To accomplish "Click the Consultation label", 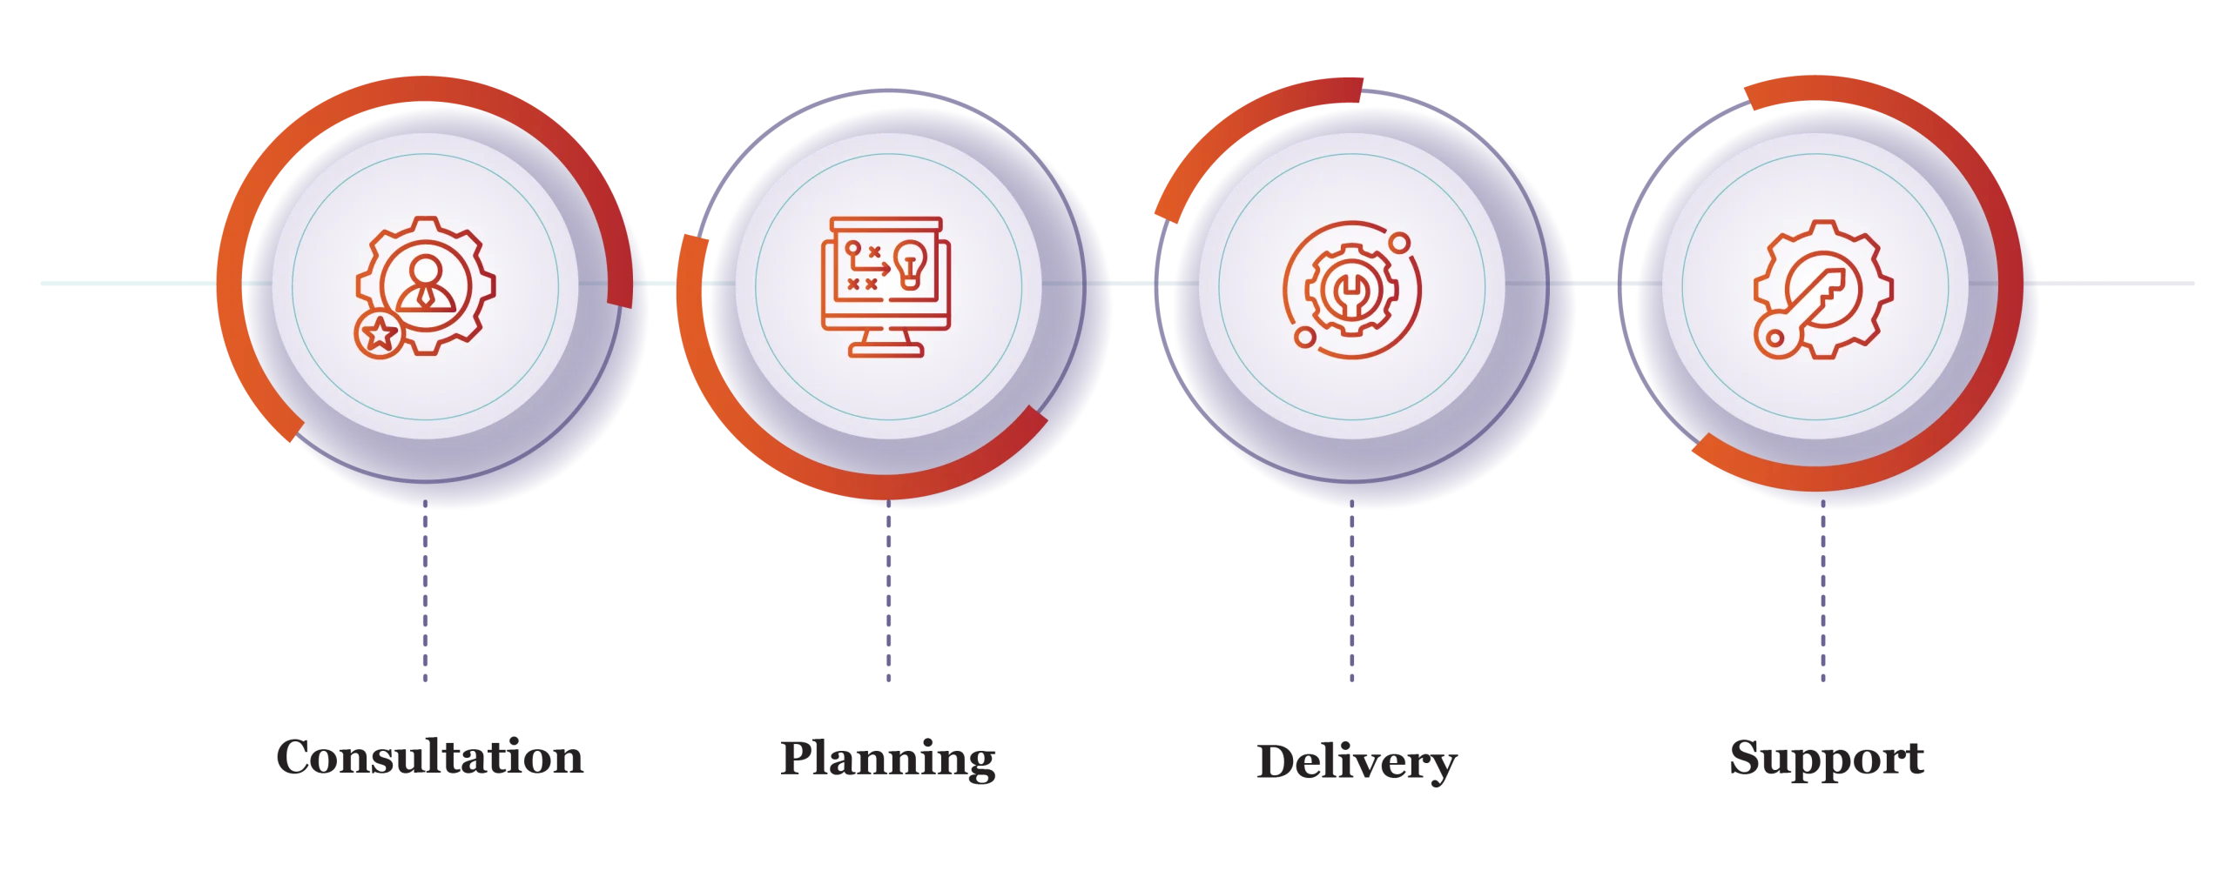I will tap(428, 760).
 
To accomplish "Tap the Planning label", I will tap(887, 760).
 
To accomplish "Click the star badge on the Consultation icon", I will tap(379, 332).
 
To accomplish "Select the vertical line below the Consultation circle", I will tap(425, 600).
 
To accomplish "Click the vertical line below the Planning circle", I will tap(887, 600).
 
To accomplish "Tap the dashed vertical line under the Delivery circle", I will tap(1351, 600).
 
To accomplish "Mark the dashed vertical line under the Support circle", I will tap(1822, 600).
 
